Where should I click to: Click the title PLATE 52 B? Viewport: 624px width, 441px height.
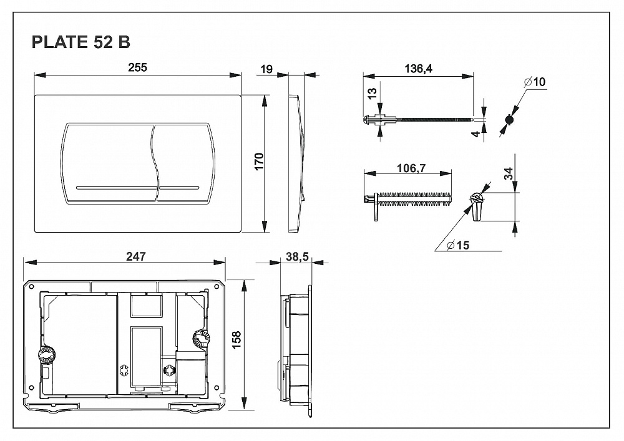coord(80,43)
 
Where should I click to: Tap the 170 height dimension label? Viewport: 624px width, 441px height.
coord(260,161)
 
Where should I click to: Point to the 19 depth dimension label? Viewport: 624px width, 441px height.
coord(266,69)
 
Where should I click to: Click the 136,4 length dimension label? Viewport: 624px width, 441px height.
coord(419,69)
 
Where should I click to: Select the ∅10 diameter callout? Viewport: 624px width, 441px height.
coord(535,82)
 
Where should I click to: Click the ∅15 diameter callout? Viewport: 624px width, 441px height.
coord(458,245)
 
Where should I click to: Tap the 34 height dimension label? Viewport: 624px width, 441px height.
coord(509,173)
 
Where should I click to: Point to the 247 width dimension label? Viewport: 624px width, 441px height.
coord(135,256)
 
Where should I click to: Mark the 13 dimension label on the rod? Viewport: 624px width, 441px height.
coord(372,93)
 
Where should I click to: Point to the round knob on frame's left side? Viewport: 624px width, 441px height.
coord(45,356)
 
